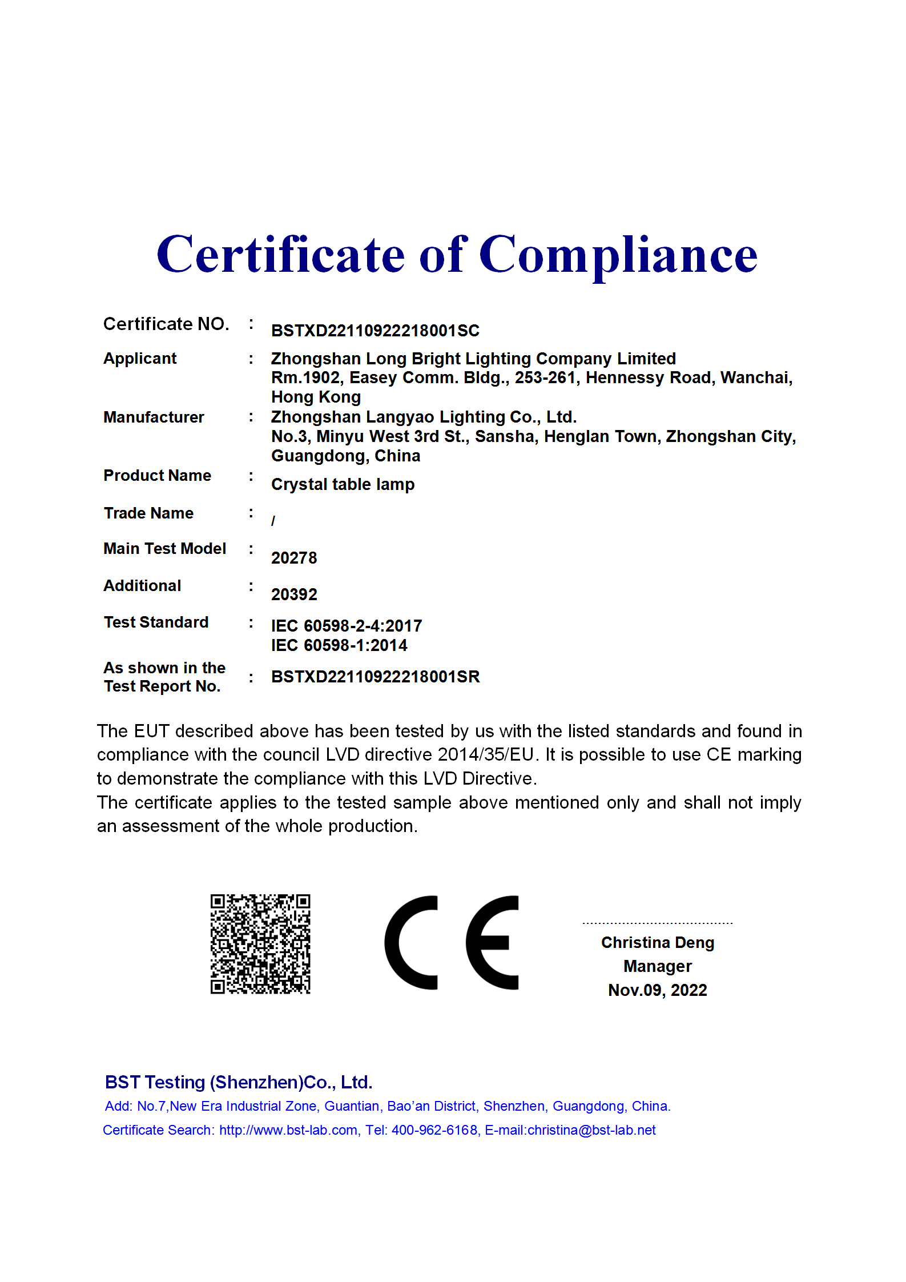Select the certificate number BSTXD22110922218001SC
pyautogui.click(x=375, y=331)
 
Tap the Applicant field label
pyautogui.click(x=140, y=359)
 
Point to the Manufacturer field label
pyautogui.click(x=154, y=417)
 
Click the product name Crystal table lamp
pyautogui.click(x=343, y=484)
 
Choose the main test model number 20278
pyautogui.click(x=294, y=558)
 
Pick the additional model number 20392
pyautogui.click(x=294, y=594)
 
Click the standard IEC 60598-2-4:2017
pyautogui.click(x=347, y=626)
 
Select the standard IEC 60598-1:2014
pyautogui.click(x=339, y=645)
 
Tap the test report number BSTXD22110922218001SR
pyautogui.click(x=375, y=677)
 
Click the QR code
pyautogui.click(x=260, y=944)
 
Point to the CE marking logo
pyautogui.click(x=452, y=943)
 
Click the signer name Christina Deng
pyautogui.click(x=657, y=942)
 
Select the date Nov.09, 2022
pyautogui.click(x=657, y=990)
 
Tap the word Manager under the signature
pyautogui.click(x=657, y=966)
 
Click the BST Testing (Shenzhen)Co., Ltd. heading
pyautogui.click(x=239, y=1082)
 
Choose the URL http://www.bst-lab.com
pyautogui.click(x=288, y=1130)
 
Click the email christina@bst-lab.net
pyautogui.click(x=591, y=1130)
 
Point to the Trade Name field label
pyautogui.click(x=148, y=513)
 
